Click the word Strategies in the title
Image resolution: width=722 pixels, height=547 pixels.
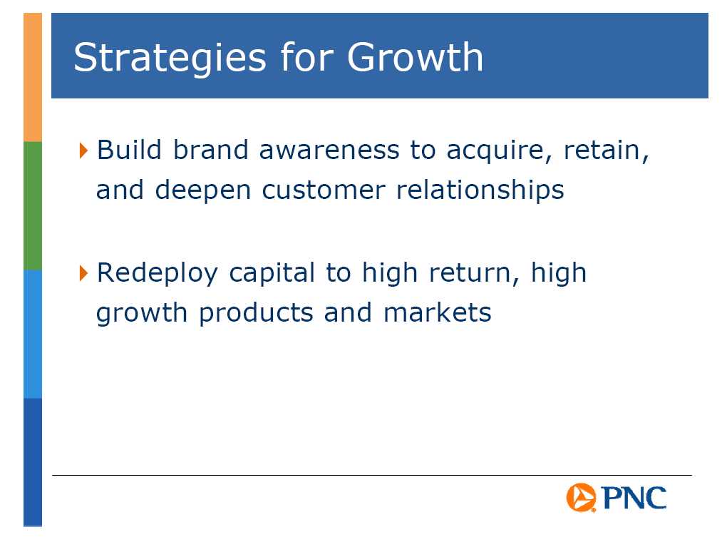point(170,58)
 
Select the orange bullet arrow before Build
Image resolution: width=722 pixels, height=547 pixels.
point(83,150)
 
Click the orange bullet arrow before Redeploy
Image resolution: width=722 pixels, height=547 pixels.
point(83,273)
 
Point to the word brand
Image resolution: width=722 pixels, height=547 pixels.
point(211,150)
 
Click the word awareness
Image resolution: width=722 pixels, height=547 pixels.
point(329,150)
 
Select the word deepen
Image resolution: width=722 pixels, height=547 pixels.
point(203,191)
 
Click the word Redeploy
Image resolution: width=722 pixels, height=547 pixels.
point(157,274)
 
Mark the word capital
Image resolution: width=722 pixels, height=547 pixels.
point(272,274)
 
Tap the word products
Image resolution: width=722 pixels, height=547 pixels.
point(256,314)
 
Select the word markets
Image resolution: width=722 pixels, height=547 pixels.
point(438,313)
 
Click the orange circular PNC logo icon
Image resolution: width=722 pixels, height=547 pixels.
point(581,498)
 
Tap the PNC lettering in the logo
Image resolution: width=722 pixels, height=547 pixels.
point(634,498)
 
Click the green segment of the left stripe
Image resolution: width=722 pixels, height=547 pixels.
point(33,205)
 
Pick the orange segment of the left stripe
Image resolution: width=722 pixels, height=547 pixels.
point(33,77)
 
